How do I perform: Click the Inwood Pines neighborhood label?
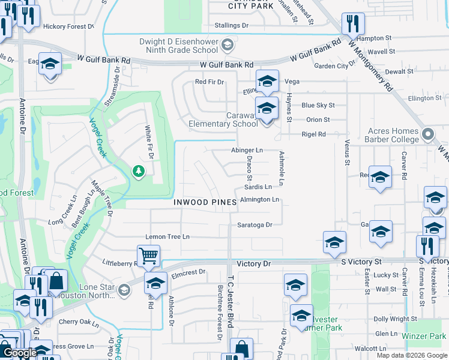[x=205, y=202]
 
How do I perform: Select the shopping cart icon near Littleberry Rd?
[x=148, y=256]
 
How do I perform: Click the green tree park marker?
[x=139, y=172]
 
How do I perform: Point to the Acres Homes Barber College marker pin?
[x=427, y=133]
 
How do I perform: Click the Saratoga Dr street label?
[x=256, y=225]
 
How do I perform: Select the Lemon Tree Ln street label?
[x=167, y=237]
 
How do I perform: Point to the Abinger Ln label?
[x=247, y=150]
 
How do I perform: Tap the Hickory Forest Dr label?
[x=68, y=26]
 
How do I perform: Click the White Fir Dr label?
[x=148, y=143]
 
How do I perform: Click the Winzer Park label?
[x=424, y=337]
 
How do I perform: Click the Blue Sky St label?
[x=318, y=105]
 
